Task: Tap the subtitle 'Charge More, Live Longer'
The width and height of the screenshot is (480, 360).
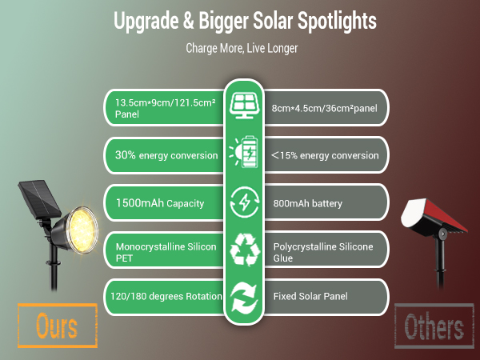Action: [242, 48]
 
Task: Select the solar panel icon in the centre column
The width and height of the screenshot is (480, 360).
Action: [242, 105]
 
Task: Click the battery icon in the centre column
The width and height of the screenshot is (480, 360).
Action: [242, 153]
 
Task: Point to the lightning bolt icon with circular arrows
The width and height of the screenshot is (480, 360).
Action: [242, 202]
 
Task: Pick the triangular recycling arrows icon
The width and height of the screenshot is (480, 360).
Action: [242, 249]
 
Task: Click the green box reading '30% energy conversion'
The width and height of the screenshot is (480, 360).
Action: [165, 154]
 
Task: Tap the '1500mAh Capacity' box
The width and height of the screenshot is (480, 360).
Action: [165, 203]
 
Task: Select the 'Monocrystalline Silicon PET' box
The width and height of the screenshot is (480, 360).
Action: [165, 252]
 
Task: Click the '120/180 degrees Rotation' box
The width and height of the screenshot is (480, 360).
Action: [165, 297]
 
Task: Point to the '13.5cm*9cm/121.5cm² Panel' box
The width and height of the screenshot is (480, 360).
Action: [165, 108]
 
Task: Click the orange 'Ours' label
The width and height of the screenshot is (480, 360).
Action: [57, 326]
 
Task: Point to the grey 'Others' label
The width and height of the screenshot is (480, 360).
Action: [434, 326]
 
